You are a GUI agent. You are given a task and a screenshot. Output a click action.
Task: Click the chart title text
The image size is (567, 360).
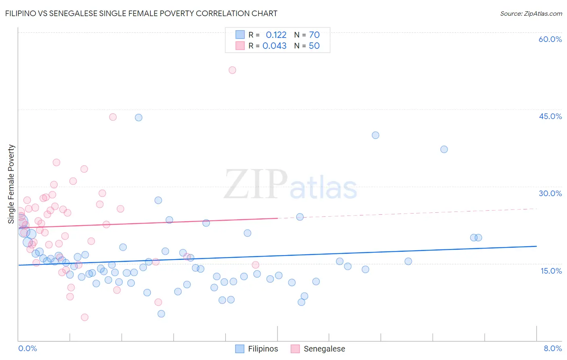pyautogui.click(x=141, y=13)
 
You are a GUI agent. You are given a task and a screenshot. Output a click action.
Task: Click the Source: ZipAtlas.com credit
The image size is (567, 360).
pyautogui.click(x=531, y=13)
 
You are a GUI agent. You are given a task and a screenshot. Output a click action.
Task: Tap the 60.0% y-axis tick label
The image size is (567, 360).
pyautogui.click(x=550, y=39)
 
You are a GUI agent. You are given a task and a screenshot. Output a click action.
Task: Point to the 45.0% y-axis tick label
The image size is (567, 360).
pyautogui.click(x=550, y=116)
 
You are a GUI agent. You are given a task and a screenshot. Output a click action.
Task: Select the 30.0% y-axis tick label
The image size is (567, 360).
pyautogui.click(x=550, y=193)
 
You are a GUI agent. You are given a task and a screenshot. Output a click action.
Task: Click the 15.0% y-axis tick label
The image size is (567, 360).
pyautogui.click(x=551, y=271)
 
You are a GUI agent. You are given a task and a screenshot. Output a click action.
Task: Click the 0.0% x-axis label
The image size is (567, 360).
pyautogui.click(x=27, y=348)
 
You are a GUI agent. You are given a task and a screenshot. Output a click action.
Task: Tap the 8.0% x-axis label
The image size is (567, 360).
pyautogui.click(x=552, y=348)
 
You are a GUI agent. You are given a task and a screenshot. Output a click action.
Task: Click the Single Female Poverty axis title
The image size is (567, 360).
pyautogui.click(x=11, y=184)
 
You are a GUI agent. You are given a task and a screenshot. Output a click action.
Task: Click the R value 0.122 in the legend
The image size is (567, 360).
pyautogui.click(x=276, y=35)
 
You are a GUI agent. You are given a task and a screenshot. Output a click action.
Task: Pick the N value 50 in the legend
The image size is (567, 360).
pyautogui.click(x=314, y=46)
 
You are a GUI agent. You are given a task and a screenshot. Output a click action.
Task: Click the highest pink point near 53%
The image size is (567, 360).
pyautogui.click(x=232, y=70)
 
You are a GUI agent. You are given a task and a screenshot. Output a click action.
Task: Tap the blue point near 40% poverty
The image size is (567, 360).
pyautogui.click(x=375, y=135)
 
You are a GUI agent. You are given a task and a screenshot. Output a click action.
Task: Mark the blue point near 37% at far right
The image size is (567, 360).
pyautogui.click(x=444, y=149)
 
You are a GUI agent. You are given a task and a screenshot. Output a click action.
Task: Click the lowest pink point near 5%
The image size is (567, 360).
pyautogui.click(x=85, y=317)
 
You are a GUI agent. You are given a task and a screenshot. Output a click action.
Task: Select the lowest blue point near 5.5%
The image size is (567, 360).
pyautogui.click(x=161, y=314)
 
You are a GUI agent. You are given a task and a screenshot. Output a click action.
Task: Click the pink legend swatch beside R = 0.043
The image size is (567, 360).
pyautogui.click(x=240, y=46)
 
